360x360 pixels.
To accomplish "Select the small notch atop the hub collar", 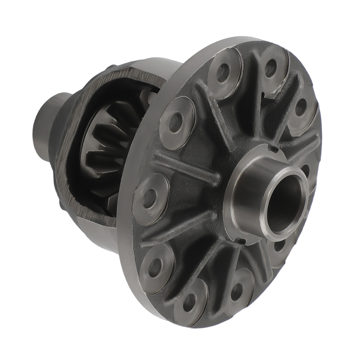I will click(x=274, y=148).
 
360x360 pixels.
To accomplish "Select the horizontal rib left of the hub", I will click(x=187, y=169).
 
